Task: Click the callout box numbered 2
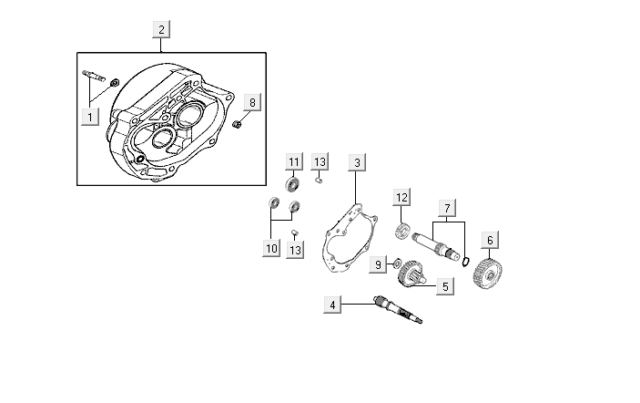pos(161,29)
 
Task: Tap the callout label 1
pos(89,116)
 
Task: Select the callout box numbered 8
pos(253,101)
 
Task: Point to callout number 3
pos(358,162)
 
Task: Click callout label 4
pos(334,305)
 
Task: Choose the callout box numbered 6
pos(490,241)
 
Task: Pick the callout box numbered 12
pos(401,197)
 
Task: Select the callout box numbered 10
pos(271,248)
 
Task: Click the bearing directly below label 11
pos(293,185)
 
